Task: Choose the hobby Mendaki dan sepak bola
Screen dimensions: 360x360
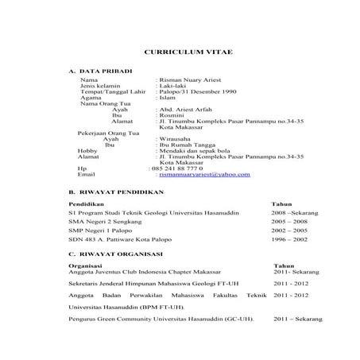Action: (192, 151)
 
